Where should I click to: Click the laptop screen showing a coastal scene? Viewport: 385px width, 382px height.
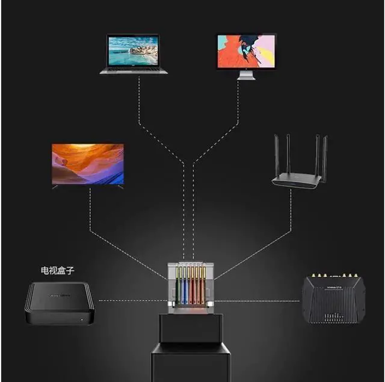pyautogui.click(x=134, y=51)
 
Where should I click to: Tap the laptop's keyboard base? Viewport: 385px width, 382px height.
pyautogui.click(x=134, y=70)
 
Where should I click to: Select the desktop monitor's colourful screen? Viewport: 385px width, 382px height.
pyautogui.click(x=246, y=51)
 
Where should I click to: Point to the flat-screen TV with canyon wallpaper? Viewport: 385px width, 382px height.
pyautogui.click(x=88, y=164)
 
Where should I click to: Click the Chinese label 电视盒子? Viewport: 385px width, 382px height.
pyautogui.click(x=58, y=271)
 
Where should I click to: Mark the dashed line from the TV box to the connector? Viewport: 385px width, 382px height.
pyautogui.click(x=129, y=300)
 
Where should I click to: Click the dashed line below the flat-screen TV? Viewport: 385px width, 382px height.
pyautogui.click(x=90, y=211)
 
